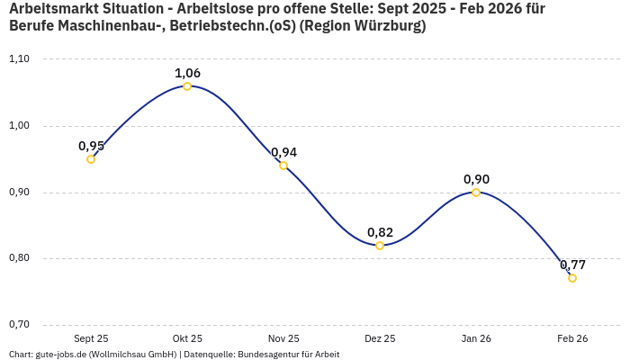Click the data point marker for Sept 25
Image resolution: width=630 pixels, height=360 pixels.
(x=91, y=159)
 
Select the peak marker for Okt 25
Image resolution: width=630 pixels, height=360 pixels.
(x=187, y=86)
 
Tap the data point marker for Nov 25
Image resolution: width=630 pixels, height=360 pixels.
(x=283, y=166)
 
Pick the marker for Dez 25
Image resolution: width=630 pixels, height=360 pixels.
(x=380, y=246)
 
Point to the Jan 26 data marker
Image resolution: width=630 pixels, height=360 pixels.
(x=476, y=193)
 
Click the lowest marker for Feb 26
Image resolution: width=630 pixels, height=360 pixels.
(x=572, y=278)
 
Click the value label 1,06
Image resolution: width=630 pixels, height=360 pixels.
(x=187, y=73)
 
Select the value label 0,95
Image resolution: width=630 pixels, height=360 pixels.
(x=91, y=146)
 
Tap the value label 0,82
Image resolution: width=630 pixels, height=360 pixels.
(x=380, y=232)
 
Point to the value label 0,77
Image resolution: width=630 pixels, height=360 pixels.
(x=572, y=265)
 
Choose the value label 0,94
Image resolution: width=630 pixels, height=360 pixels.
(x=283, y=152)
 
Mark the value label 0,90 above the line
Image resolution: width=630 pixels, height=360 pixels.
(x=476, y=179)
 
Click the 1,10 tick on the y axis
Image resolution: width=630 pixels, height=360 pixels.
(x=19, y=59)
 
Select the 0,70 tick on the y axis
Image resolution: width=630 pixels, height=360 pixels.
(x=19, y=325)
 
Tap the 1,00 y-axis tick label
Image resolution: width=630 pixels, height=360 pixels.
(x=19, y=126)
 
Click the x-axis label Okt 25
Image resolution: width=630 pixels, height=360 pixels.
(x=187, y=339)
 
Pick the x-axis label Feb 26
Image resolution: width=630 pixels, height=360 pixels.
(x=572, y=339)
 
